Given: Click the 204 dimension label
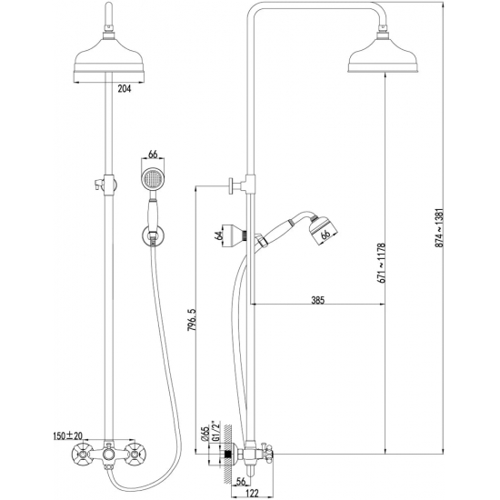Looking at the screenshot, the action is [x=125, y=89].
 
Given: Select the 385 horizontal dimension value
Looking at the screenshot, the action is [x=317, y=300].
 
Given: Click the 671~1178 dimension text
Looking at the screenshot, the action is [x=382, y=263].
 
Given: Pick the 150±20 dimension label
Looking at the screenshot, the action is [x=67, y=435].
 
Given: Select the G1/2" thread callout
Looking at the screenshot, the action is [x=215, y=431].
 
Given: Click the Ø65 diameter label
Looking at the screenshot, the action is [x=205, y=434].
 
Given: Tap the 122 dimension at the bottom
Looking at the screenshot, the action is [x=253, y=493].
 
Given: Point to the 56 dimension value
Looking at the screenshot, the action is [x=241, y=482].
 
